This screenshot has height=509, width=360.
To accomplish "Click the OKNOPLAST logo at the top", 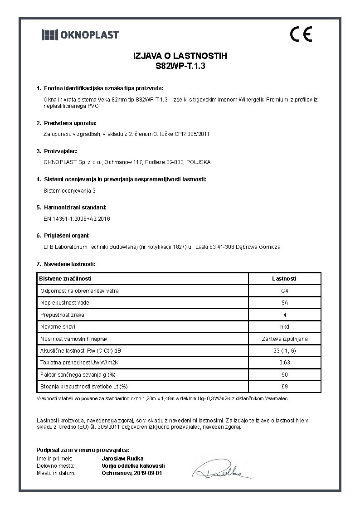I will (x=80, y=34).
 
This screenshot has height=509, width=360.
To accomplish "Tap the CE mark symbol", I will (x=301, y=34).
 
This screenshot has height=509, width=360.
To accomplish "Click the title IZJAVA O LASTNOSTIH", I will (x=180, y=56).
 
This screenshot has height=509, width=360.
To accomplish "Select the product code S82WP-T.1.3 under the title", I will (x=180, y=65).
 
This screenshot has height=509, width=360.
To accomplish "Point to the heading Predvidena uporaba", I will (x=70, y=123).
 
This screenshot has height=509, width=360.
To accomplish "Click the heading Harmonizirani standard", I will (x=75, y=207).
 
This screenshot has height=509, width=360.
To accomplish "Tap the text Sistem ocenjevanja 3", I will (x=69, y=190).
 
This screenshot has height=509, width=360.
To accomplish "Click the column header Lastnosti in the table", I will (x=284, y=279).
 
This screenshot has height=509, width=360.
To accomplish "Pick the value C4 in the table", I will (x=284, y=291).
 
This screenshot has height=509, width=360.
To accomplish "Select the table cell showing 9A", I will (x=284, y=302).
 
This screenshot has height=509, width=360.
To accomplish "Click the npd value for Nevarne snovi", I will (x=284, y=326).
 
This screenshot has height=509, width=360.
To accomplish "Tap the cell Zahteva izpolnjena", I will (x=284, y=339).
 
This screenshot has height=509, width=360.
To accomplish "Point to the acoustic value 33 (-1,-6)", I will (x=284, y=350).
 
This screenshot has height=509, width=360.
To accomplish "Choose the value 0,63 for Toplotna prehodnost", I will (x=284, y=363).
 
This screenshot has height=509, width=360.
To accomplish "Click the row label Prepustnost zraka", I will (x=62, y=315).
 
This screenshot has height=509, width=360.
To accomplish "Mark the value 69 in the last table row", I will (x=284, y=387).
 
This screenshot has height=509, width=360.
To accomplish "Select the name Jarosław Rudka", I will (x=120, y=459).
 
